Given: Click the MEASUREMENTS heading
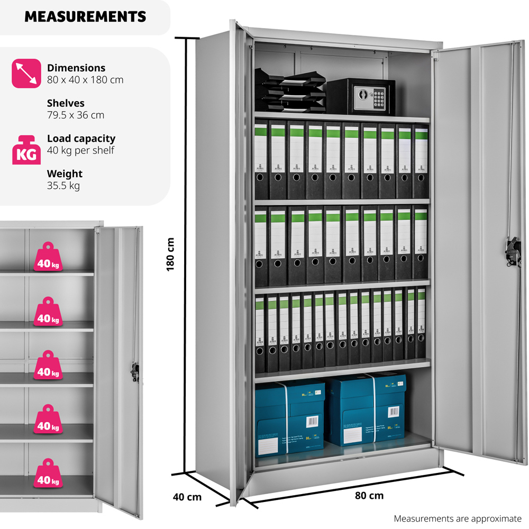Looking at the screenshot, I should click(x=85, y=16).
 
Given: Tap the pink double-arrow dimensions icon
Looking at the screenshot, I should click(x=26, y=74).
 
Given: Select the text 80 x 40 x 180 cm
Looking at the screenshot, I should click(x=85, y=80).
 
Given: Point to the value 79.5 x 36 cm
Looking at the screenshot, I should click(x=76, y=115).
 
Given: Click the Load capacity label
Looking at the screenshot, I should click(x=81, y=139).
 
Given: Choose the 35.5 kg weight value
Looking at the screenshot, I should click(x=63, y=186).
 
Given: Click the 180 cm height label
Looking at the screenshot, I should click(x=170, y=254).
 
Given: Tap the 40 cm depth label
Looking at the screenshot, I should click(x=187, y=497).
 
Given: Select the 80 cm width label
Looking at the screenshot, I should click(x=369, y=496).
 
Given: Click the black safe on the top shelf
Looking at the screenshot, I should click(x=361, y=96).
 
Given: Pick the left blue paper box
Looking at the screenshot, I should click(x=289, y=418).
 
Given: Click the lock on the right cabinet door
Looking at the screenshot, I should click(x=510, y=252).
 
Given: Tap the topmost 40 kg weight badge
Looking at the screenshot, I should click(x=47, y=258).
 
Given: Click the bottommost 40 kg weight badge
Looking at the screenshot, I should click(x=47, y=473).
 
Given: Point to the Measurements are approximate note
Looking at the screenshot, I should click(x=458, y=519).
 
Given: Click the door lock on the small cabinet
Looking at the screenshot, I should click(x=135, y=372).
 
